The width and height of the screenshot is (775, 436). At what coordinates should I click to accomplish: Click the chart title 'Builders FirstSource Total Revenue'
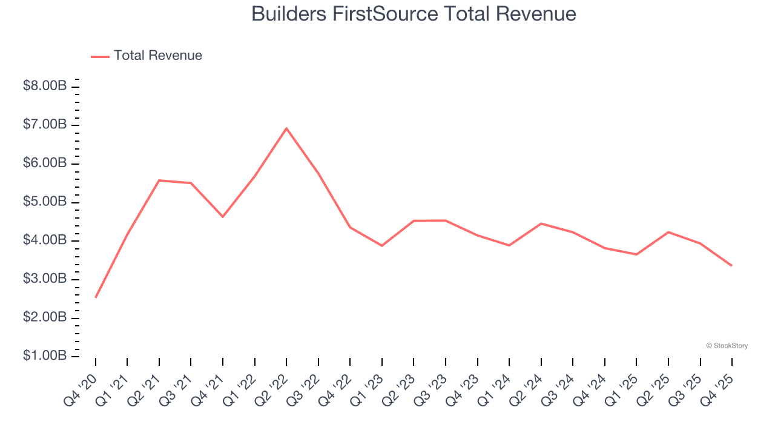coord(414,14)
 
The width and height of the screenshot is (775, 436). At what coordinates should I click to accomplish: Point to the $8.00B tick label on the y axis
coord(45,86)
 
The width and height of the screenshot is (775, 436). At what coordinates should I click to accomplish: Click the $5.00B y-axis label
coord(45,202)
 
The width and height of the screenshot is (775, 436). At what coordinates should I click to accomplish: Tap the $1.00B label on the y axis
coord(45,355)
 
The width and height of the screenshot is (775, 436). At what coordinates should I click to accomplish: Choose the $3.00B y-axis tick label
coord(45,279)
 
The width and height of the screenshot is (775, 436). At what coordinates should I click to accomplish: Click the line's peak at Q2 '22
coord(286,128)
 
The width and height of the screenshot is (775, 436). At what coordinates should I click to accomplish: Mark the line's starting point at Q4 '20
coord(96,297)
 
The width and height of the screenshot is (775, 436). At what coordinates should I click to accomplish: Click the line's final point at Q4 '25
coord(731,265)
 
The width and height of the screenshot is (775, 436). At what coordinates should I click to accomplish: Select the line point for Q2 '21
coord(159,180)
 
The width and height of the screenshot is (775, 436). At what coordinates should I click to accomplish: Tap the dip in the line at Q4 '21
coord(223,216)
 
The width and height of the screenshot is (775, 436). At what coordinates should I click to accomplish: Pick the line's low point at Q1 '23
coord(382,245)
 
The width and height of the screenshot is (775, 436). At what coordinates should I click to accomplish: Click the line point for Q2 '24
coord(541,223)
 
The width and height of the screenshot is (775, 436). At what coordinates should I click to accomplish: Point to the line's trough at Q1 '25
coord(636,254)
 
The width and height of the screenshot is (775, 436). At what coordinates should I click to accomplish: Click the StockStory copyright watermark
coord(727,346)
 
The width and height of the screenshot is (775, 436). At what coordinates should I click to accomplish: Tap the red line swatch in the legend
coord(100,56)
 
